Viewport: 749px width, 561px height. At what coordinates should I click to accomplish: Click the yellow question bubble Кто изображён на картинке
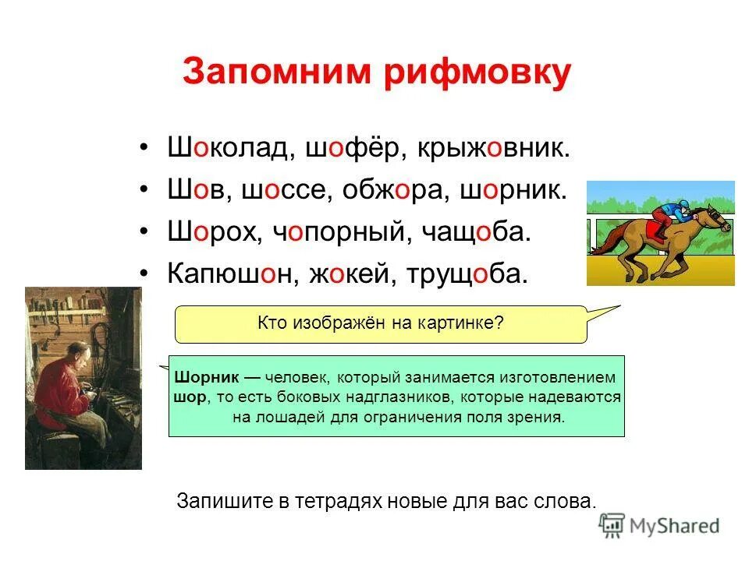[381, 323]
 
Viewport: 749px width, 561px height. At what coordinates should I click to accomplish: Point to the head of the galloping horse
[718, 216]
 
